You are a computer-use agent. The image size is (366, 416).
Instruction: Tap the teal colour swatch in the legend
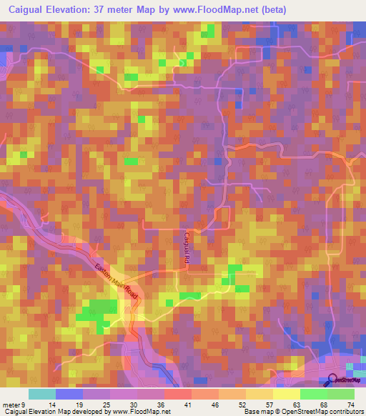click(x=42, y=394)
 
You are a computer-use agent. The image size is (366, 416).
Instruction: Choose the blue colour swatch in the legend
click(x=69, y=394)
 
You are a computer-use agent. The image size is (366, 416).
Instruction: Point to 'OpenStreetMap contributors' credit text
click(x=322, y=412)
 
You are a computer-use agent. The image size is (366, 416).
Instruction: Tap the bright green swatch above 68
click(x=313, y=394)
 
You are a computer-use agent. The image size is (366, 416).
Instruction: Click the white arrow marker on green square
click(x=182, y=63)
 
